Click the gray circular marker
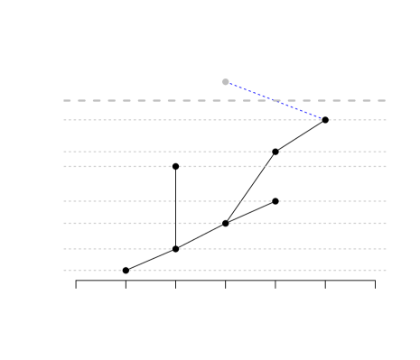[x=226, y=82]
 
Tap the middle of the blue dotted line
[x=274, y=100]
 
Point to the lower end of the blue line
[x=322, y=118]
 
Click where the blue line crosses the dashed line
[x=273, y=100]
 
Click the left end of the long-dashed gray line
[x=64, y=100]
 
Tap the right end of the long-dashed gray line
[x=386, y=100]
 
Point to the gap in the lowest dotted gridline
[x=126, y=270]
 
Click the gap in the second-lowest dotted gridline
[x=175, y=249]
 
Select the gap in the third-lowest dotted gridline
[x=225, y=223]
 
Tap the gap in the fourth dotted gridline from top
[x=275, y=201]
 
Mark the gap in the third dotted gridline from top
[x=175, y=166]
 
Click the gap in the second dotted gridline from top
[x=275, y=152]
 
